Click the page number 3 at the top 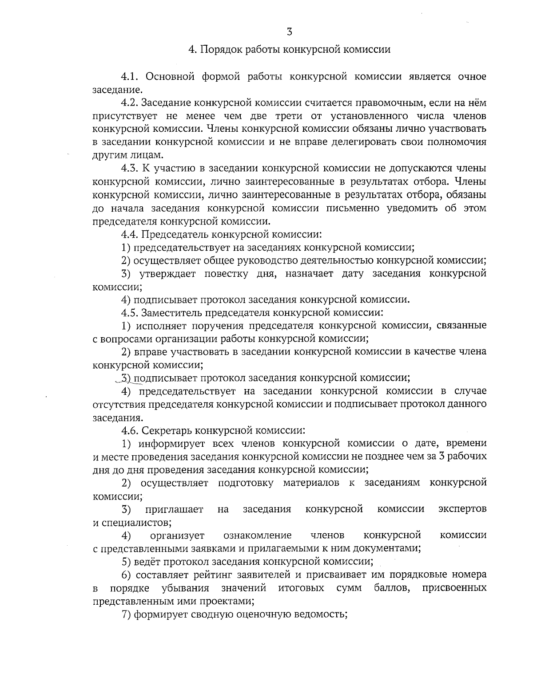[x=289, y=31]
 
